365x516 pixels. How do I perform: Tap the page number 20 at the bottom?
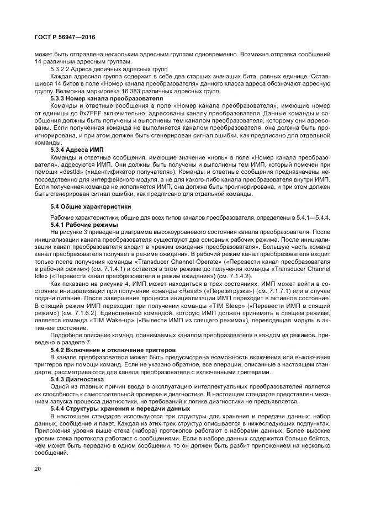pos(37,469)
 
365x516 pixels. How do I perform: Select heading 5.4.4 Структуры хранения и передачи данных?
pos(120,408)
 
